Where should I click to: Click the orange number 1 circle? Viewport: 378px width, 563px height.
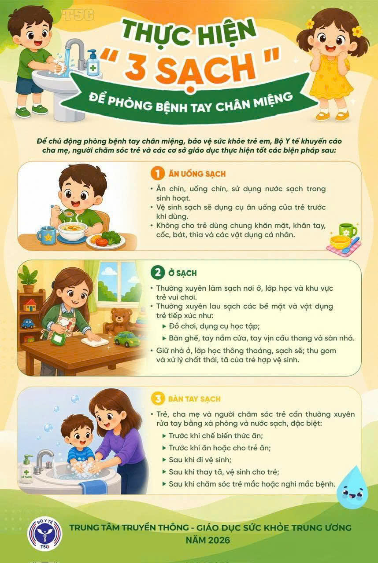pos(158,173)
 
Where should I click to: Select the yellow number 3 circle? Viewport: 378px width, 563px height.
pos(158,398)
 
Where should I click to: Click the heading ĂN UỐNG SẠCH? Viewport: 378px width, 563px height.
pos(197,174)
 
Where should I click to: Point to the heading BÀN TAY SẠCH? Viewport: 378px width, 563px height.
pos(194,399)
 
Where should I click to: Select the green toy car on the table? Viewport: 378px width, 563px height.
pos(127,339)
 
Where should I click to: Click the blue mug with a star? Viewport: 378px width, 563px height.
pos(47,235)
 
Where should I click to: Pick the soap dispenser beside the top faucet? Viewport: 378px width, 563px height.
pos(93,63)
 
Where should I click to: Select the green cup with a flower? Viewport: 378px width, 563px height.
pos(348,230)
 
